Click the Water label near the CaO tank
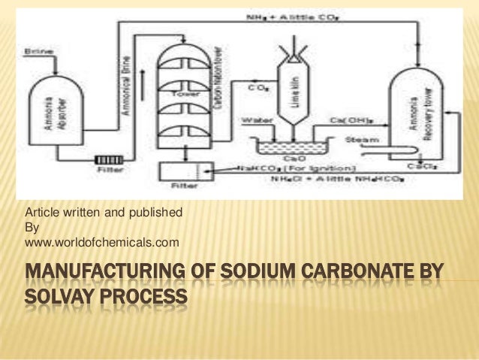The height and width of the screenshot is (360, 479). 252,119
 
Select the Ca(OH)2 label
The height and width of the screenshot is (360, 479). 348,119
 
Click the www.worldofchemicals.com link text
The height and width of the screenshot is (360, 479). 102,242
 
